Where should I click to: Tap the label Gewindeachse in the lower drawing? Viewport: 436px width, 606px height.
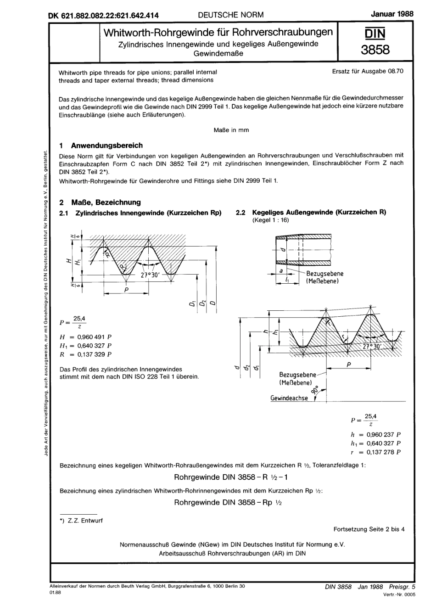[x=289, y=398]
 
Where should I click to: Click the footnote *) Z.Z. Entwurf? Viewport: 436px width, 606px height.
[x=81, y=520]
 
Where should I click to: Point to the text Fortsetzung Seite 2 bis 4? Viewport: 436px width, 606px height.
[x=369, y=529]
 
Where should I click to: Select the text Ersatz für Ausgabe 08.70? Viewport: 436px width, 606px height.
[x=368, y=71]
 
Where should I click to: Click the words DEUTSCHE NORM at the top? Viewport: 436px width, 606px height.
[x=231, y=15]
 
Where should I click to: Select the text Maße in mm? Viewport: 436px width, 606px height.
[x=231, y=130]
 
